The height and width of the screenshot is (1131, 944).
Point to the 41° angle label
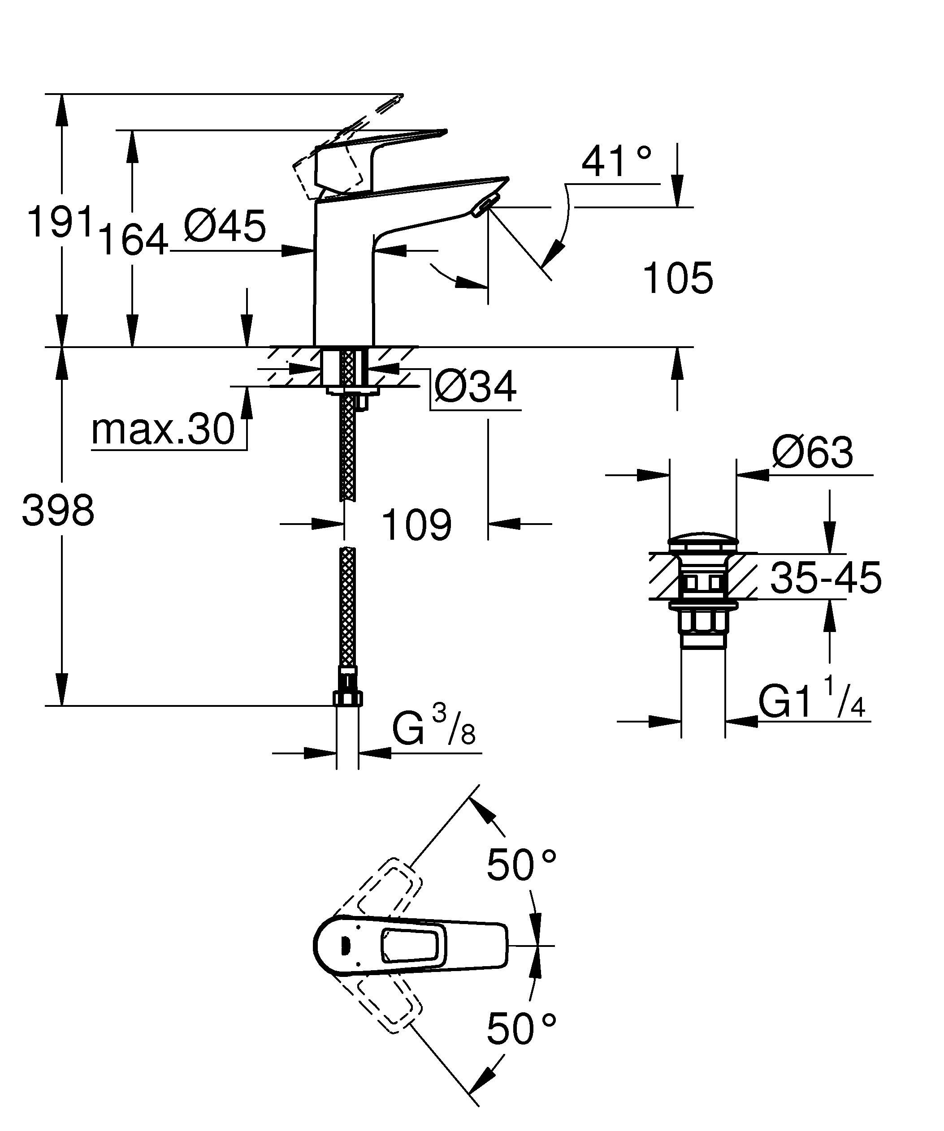615,161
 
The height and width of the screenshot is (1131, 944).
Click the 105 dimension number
678,279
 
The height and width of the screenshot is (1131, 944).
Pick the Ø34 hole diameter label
475,386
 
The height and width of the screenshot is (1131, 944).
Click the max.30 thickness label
163,430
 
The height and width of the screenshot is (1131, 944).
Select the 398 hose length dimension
58,511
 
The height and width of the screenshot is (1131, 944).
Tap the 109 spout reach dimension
416,525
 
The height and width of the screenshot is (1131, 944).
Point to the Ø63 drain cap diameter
813,452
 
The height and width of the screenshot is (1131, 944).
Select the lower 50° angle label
521,1029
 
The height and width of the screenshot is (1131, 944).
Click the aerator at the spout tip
482,207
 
